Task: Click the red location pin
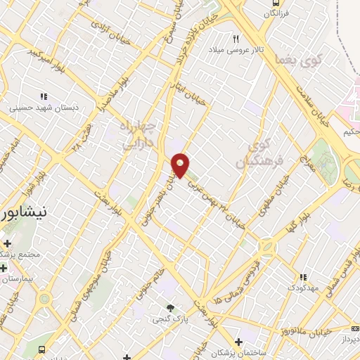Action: (x=181, y=165)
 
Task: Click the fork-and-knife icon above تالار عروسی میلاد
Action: (x=236, y=39)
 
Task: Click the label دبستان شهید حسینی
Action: (x=40, y=108)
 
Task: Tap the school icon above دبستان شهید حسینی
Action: (x=44, y=97)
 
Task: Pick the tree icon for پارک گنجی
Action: (x=170, y=307)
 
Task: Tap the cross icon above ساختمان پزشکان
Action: (x=239, y=342)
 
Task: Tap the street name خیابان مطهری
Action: (x=279, y=193)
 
